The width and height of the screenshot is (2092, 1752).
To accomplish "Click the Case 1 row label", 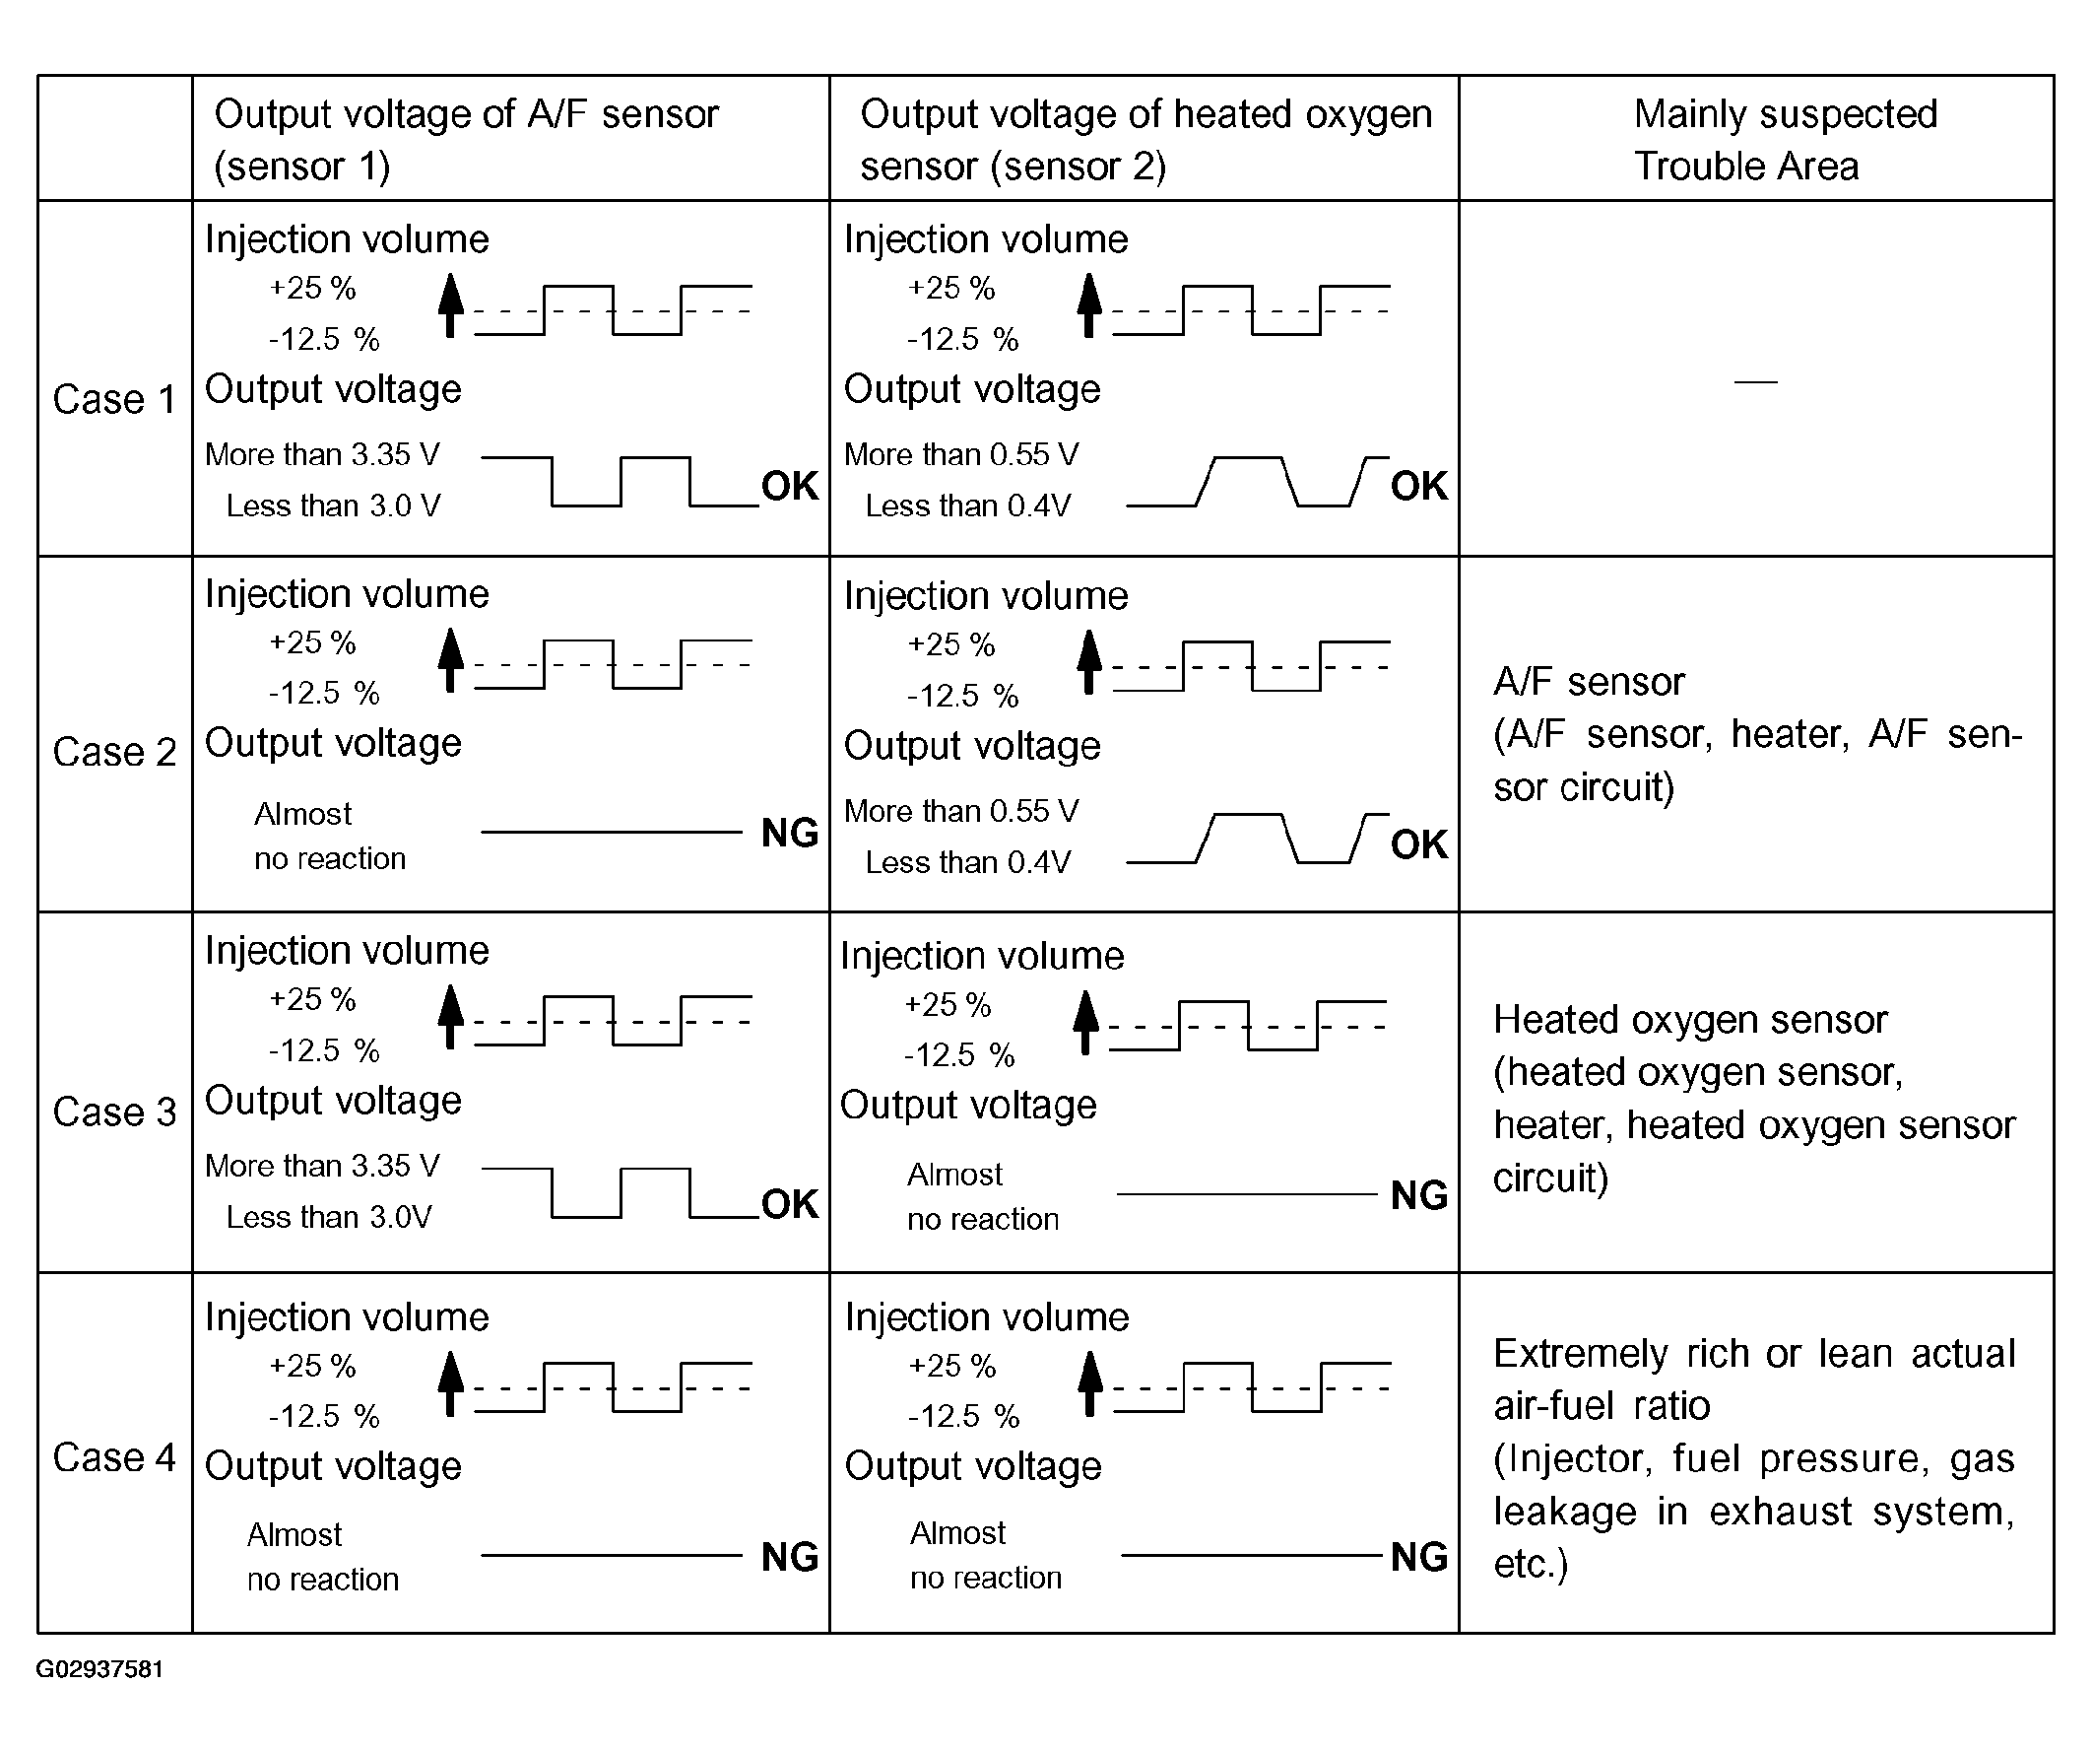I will click(x=113, y=400).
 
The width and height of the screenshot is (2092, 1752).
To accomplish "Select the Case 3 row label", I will click(x=113, y=1112).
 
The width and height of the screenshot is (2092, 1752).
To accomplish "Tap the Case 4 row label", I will click(x=113, y=1458).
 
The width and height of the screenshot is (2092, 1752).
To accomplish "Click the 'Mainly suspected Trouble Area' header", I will click(x=1784, y=140).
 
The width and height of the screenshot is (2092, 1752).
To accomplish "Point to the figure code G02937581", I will click(x=99, y=1669).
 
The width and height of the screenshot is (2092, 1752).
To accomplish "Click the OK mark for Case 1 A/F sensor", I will click(x=789, y=487).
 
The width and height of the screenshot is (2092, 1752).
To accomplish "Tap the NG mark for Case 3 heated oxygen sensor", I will click(x=1418, y=1195).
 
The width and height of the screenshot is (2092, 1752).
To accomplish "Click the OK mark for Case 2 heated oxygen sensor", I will click(x=1418, y=844).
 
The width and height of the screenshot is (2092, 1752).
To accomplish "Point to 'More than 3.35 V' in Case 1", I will click(x=322, y=454).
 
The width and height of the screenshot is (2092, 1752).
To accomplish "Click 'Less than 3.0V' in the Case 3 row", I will click(x=329, y=1217).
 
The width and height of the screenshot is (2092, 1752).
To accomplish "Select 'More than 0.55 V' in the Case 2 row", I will click(x=960, y=811).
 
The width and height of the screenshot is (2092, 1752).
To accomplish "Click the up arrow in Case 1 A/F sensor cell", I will click(x=451, y=304).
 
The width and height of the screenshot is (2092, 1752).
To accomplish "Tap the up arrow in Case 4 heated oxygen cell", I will click(x=1091, y=1383).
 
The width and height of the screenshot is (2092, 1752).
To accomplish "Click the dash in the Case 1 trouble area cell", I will click(x=1755, y=380).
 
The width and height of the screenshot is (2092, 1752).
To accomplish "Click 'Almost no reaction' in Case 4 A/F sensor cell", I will click(x=322, y=1557).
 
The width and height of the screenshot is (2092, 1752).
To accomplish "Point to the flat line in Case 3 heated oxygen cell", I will click(x=1246, y=1194).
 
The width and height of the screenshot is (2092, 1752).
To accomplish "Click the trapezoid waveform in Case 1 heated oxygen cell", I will click(x=1257, y=483).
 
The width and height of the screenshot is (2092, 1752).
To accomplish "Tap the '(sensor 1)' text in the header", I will click(x=301, y=166).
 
